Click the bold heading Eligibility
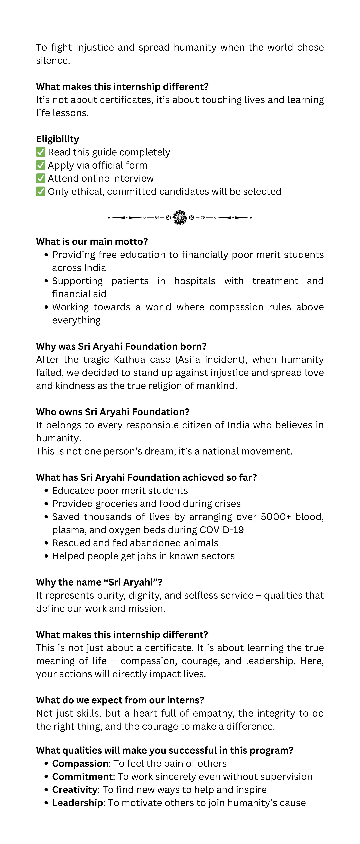(x=58, y=139)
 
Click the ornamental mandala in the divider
(x=180, y=217)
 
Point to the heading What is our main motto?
(x=92, y=241)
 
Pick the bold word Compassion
(x=80, y=763)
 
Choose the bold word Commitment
(x=82, y=776)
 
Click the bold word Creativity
(x=75, y=790)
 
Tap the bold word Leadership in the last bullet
(x=77, y=803)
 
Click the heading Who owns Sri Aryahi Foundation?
(x=113, y=412)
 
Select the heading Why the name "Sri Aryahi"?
(x=99, y=582)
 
